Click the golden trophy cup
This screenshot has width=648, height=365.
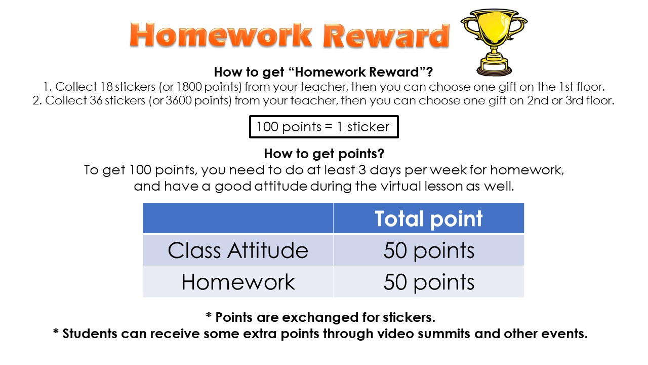494,42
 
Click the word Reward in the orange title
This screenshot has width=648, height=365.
386,35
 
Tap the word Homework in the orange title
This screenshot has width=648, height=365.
221,35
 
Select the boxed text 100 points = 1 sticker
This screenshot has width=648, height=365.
323,127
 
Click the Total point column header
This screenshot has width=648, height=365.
428,218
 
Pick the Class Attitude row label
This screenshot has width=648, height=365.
238,250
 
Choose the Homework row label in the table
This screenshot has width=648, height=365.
238,282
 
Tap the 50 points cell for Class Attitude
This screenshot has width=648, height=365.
429,250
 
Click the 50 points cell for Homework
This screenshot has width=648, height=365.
429,282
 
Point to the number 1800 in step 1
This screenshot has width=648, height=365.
189,87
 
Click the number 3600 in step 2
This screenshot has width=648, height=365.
179,100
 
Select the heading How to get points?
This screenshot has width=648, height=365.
324,154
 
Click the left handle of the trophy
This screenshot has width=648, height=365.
469,28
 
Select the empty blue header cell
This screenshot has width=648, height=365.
238,218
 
